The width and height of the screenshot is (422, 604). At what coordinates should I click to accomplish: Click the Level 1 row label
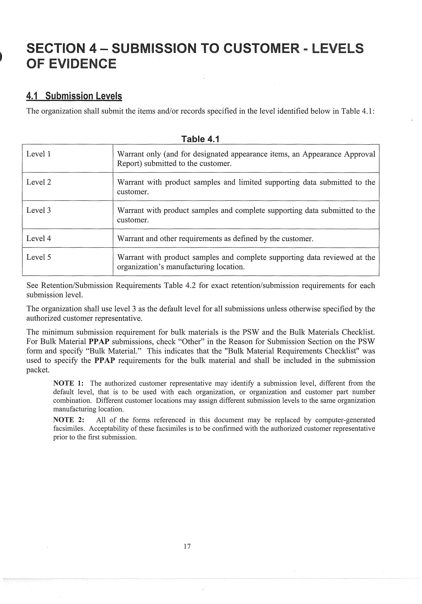[x=38, y=154]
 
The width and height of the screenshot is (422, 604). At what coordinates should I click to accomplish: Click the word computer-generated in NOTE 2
[x=345, y=420]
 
